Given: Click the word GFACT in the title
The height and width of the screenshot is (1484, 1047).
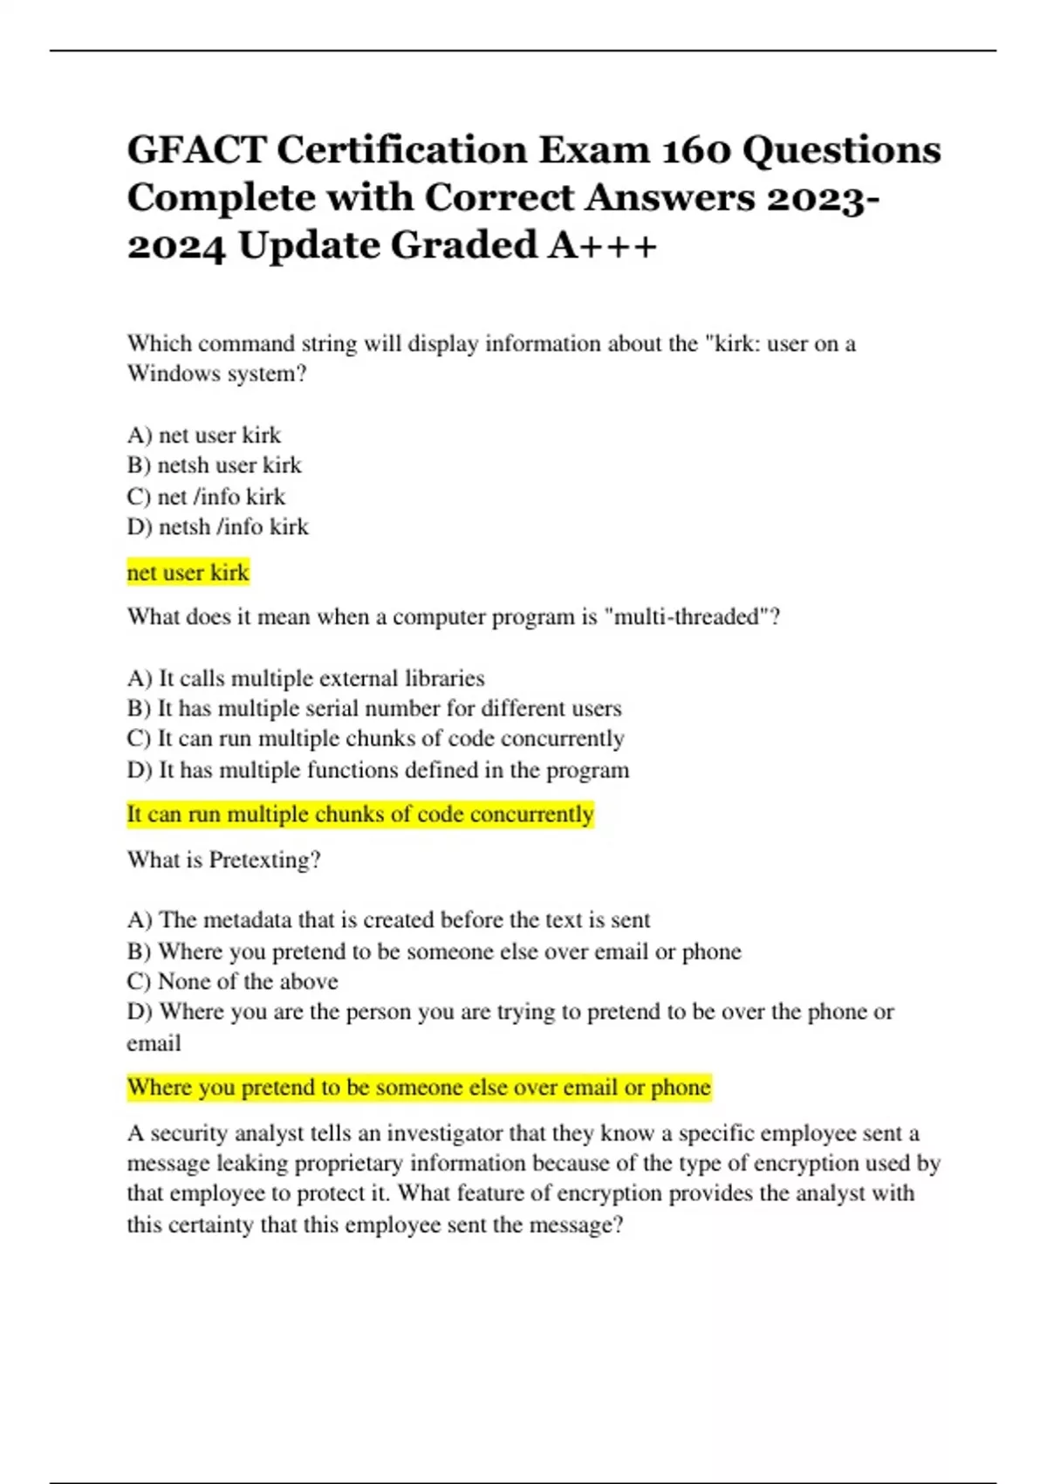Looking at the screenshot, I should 196,150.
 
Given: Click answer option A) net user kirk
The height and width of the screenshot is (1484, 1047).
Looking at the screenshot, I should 204,435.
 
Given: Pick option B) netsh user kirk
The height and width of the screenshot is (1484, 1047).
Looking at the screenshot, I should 214,465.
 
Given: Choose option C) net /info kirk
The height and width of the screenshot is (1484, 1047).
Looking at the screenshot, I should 206,496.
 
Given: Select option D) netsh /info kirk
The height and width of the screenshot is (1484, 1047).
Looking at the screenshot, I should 217,526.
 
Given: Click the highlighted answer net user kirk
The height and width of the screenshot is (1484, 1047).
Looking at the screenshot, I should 188,573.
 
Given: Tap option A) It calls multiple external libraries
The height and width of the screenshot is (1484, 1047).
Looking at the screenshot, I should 305,678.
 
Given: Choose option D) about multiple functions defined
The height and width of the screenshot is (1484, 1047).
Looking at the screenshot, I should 378,770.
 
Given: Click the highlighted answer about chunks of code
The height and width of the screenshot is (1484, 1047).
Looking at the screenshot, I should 359,814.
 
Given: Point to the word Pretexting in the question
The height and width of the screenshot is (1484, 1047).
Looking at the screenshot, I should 263,860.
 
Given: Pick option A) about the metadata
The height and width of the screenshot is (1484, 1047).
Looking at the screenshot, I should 388,920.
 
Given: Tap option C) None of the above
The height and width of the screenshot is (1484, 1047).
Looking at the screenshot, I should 232,981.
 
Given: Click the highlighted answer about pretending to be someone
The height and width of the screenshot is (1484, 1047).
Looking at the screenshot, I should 419,1088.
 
